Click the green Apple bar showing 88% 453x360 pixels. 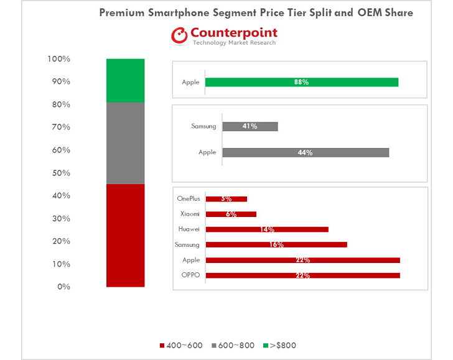point(301,82)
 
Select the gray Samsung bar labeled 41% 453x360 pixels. point(250,126)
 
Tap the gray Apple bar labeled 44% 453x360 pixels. point(305,152)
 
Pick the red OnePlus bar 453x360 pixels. point(226,199)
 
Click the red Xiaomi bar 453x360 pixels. point(231,214)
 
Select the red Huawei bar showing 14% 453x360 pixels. point(266,229)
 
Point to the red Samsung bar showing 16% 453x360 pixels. point(276,245)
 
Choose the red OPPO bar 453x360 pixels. point(302,275)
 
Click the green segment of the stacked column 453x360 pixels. point(125,80)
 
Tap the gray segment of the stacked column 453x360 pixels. point(125,143)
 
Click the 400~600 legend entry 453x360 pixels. point(181,345)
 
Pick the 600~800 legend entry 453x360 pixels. point(233,345)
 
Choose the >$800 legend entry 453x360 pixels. point(283,345)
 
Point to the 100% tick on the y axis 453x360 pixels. point(58,59)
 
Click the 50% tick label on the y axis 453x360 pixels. point(60,173)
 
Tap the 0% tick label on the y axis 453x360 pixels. point(63,287)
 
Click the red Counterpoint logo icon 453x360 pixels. point(180,36)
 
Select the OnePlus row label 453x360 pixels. point(189,199)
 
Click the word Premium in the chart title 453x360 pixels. point(122,12)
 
